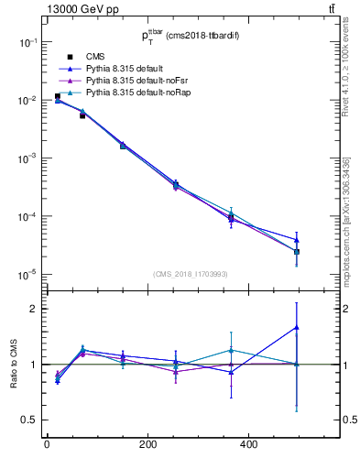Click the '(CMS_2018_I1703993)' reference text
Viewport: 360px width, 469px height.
pyautogui.click(x=190, y=273)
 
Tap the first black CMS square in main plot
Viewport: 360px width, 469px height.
pyautogui.click(x=57, y=96)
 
